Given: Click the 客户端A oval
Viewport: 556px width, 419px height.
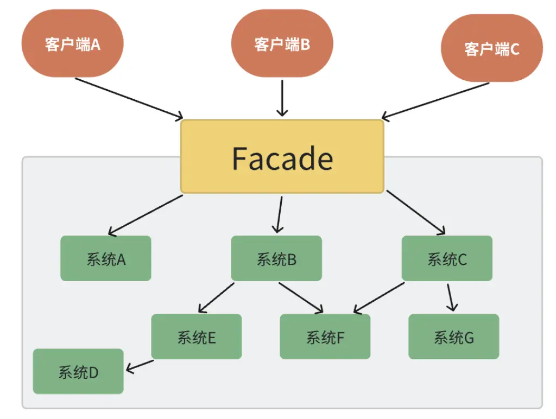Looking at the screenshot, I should pos(73,43).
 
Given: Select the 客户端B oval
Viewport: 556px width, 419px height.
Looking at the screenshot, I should pos(282,43).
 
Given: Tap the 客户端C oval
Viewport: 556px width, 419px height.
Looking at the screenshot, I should pos(491,48).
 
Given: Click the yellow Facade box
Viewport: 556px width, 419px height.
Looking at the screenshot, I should pos(282,157).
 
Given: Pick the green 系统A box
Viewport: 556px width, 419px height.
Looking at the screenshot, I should pos(105,258).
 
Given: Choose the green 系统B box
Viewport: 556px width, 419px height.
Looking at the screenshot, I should pos(276,258).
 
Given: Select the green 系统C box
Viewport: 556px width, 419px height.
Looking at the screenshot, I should pos(447,258).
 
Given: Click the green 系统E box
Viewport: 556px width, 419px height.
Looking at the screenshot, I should pos(197,337).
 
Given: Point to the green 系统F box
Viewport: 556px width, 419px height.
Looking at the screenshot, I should pos(325,337).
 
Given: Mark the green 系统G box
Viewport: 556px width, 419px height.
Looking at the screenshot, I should pos(453,337).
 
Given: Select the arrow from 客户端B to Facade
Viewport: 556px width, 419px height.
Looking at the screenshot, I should pos(282,98).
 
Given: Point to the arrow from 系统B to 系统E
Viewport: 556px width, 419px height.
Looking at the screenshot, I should pos(216,297).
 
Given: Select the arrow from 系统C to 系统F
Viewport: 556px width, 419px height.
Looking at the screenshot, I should pos(378,298).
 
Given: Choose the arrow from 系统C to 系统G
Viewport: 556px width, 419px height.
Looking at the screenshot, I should pos(450,297).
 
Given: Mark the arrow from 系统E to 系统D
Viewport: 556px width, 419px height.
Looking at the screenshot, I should pos(140,366).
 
